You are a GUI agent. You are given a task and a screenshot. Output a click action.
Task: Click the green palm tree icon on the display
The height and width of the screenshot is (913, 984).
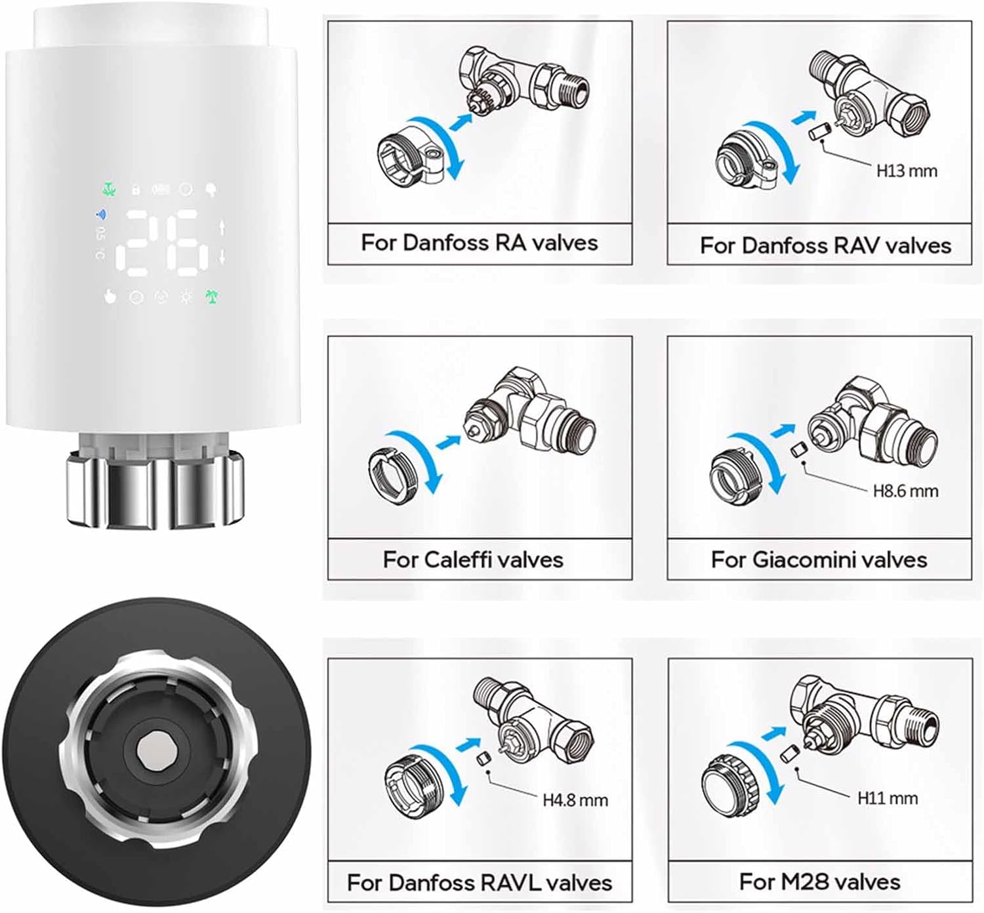211,296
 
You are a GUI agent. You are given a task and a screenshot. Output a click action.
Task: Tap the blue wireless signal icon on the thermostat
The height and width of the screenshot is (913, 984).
102,214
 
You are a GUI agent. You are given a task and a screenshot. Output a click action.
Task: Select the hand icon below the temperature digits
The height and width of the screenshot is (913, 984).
110,297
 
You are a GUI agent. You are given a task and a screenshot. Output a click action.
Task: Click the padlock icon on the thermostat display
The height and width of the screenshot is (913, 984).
136,190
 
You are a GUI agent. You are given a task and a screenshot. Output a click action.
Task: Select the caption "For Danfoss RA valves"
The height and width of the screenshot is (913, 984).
480,243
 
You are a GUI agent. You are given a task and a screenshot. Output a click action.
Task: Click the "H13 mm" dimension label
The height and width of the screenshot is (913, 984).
907,171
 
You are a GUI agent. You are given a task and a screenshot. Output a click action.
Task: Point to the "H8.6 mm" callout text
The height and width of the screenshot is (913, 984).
905,491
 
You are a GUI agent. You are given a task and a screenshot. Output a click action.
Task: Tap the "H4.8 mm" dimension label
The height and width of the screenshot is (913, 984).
575,800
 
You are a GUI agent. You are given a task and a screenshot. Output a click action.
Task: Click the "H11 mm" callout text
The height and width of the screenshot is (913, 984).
888,798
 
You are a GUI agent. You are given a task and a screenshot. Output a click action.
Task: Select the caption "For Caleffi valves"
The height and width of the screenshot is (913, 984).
473,559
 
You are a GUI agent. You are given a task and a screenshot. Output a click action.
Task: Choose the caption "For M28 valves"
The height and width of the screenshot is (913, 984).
819,882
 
